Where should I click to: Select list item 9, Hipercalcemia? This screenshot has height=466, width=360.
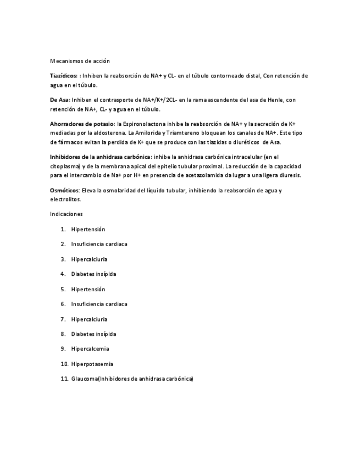90,348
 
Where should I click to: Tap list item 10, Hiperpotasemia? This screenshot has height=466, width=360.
92,364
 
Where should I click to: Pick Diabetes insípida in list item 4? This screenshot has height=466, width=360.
93,274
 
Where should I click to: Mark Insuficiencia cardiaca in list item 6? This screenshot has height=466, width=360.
99,303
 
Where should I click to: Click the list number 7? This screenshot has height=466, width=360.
63,319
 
